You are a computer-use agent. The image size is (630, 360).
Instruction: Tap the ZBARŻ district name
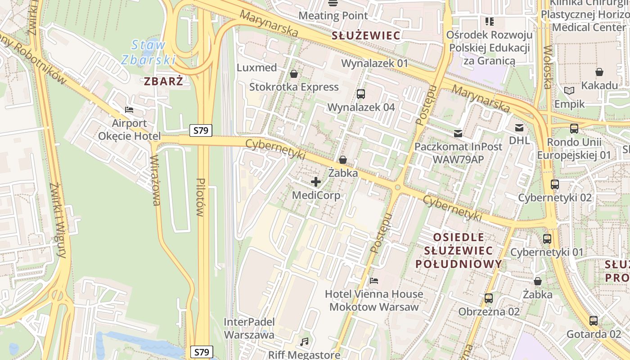tap(164, 81)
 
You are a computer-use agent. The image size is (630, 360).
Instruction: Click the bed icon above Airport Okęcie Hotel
tap(129, 110)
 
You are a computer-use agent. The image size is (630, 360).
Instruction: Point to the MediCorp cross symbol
tap(316, 182)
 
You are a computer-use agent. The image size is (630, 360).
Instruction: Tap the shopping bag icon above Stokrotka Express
tap(294, 73)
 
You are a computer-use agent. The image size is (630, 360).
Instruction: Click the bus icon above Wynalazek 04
tap(361, 94)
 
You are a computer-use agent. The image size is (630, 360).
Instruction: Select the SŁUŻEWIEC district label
tap(366, 36)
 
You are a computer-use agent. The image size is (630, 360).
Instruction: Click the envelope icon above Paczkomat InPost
tap(458, 133)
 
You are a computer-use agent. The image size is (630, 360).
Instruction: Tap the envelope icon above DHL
tap(519, 128)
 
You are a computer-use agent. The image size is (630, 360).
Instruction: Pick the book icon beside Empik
tap(569, 91)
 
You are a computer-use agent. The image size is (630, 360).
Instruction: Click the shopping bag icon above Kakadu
tap(599, 72)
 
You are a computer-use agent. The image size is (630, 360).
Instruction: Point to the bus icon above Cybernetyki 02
tap(555, 184)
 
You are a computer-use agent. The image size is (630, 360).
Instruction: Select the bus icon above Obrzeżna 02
tap(489, 298)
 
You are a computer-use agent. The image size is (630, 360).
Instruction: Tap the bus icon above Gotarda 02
tap(594, 321)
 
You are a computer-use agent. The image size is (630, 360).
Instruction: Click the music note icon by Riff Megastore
tap(305, 342)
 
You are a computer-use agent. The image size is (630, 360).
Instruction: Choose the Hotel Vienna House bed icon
tap(374, 281)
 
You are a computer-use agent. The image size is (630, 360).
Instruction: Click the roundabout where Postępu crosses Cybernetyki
tap(398, 187)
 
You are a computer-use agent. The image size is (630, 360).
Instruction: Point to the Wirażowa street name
tap(156, 180)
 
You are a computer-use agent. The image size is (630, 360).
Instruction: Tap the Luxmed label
tap(257, 67)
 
